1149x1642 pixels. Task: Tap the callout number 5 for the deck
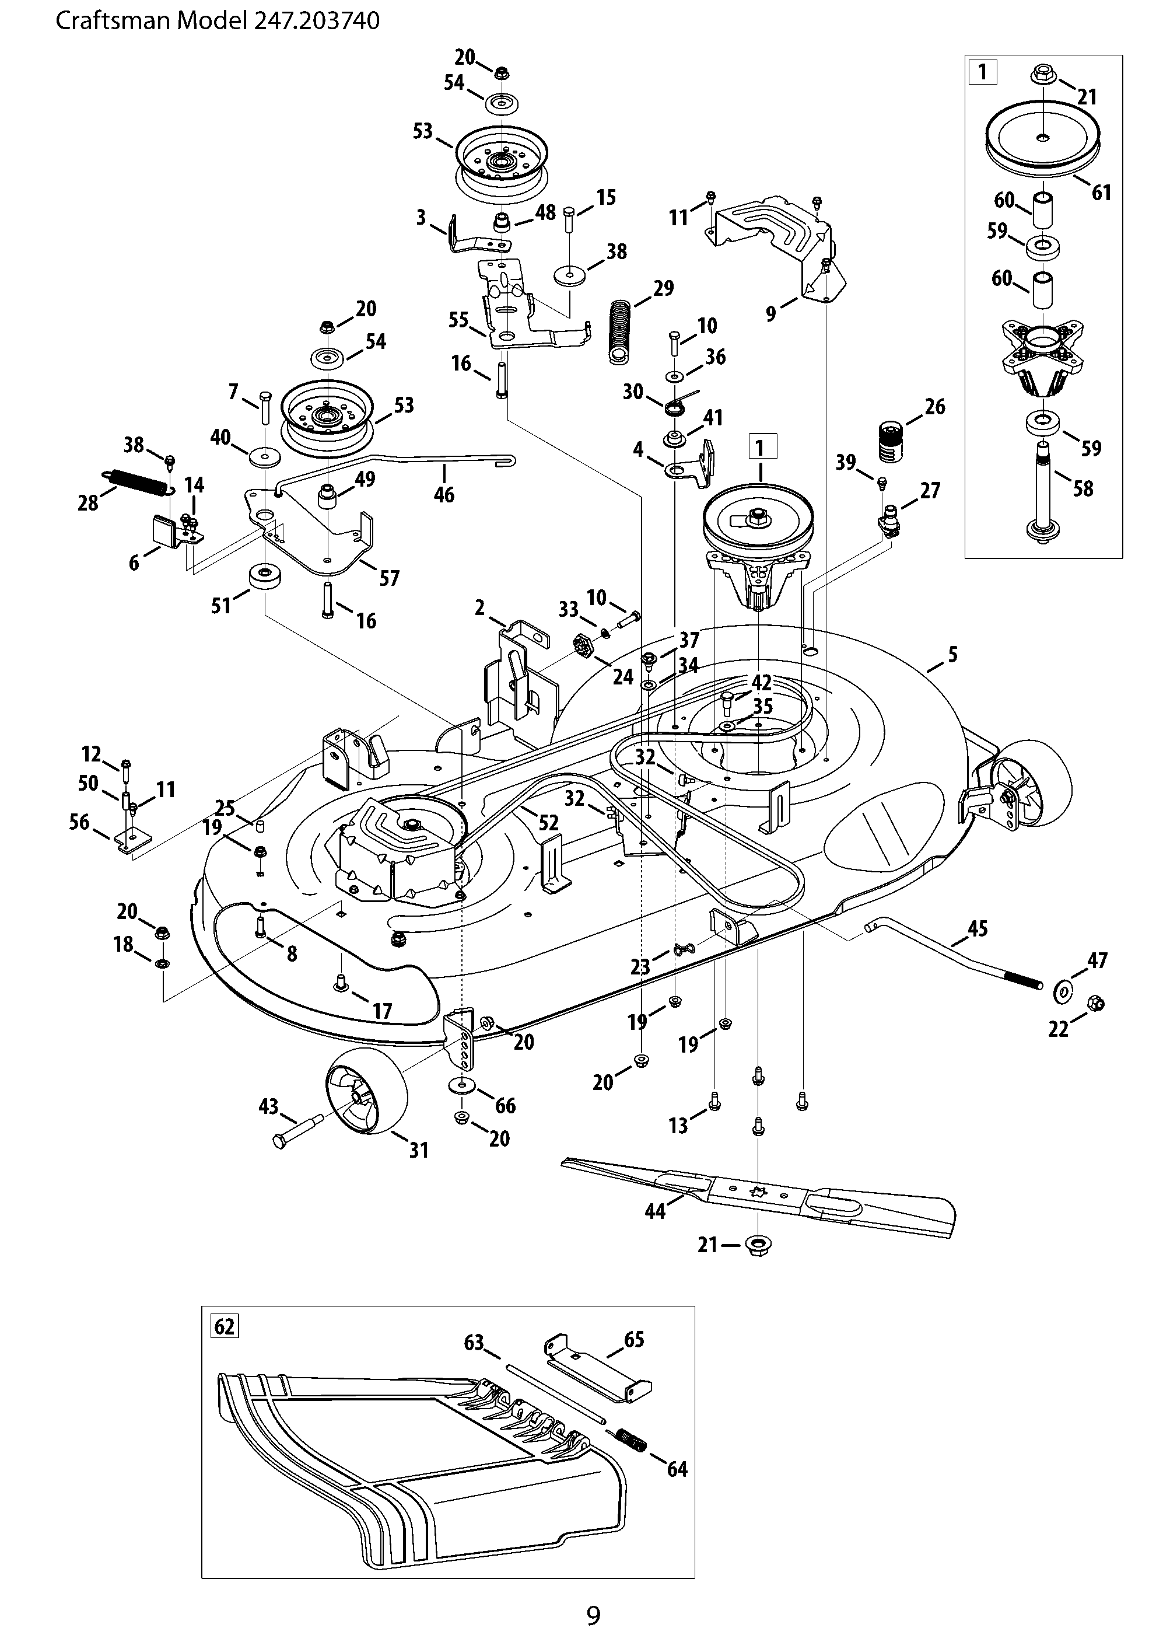952,654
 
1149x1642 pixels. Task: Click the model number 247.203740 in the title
316,21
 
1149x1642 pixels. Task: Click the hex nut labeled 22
1094,1004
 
